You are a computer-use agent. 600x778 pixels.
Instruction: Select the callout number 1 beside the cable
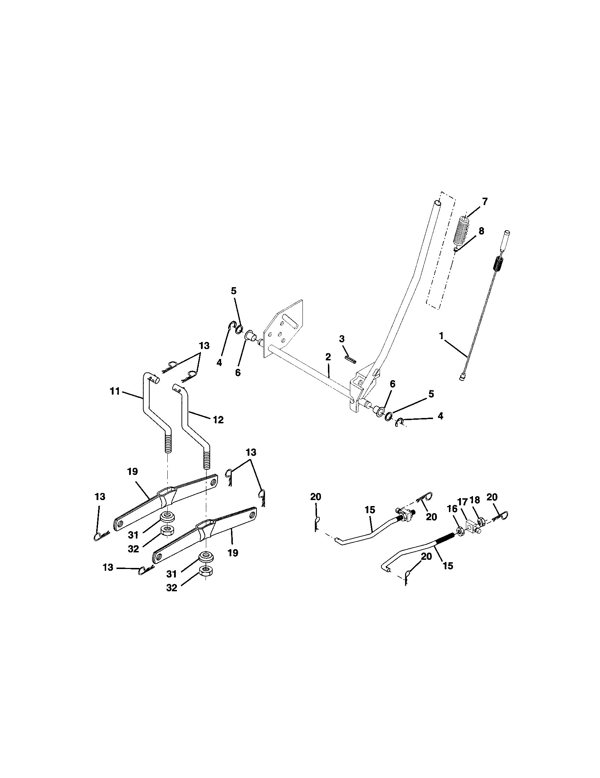click(442, 336)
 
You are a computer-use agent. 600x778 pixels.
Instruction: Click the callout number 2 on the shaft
click(328, 356)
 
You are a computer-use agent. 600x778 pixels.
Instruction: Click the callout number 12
click(218, 420)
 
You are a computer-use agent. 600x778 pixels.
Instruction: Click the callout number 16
click(451, 508)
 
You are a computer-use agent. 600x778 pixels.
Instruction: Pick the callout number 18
click(474, 499)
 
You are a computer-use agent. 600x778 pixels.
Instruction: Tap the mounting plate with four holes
click(283, 328)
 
